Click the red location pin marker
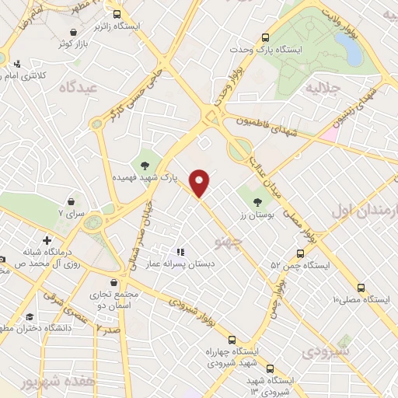click(x=201, y=183)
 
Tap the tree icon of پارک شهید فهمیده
click(x=145, y=163)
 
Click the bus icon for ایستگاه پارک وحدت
click(x=266, y=37)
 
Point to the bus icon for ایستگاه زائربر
click(x=117, y=14)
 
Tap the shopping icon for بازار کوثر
click(x=73, y=31)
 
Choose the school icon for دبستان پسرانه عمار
click(x=180, y=252)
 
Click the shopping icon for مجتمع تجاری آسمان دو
click(x=115, y=282)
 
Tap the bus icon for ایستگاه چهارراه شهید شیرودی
click(x=232, y=340)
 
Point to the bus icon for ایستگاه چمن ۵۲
click(x=299, y=252)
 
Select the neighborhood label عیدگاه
click(x=81, y=88)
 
